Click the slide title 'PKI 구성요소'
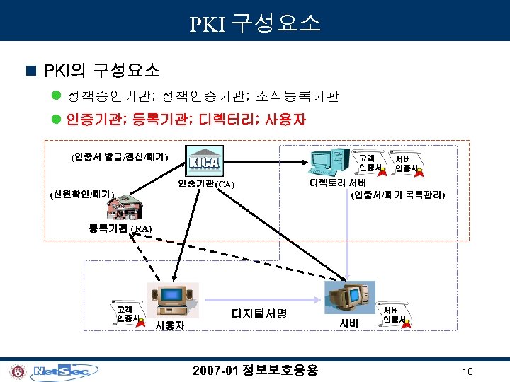click(x=255, y=23)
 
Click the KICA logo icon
click(x=204, y=163)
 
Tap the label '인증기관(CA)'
click(x=205, y=185)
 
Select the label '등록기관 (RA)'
click(x=120, y=228)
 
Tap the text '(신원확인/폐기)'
click(x=83, y=192)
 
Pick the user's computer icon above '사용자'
click(x=169, y=301)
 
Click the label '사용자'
click(x=170, y=325)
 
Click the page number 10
click(x=467, y=372)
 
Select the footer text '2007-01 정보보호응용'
click(x=256, y=370)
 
